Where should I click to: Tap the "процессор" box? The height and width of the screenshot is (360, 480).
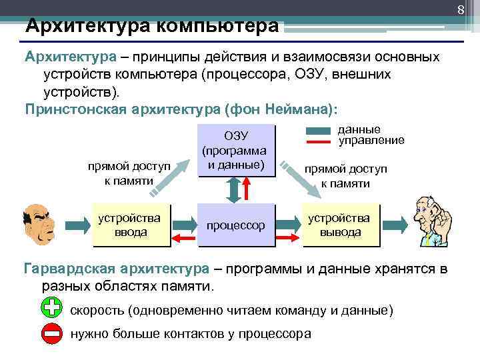coord(235,226)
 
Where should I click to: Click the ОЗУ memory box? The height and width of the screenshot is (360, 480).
coord(235,150)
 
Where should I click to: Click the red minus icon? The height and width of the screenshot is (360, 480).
coord(51,333)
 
